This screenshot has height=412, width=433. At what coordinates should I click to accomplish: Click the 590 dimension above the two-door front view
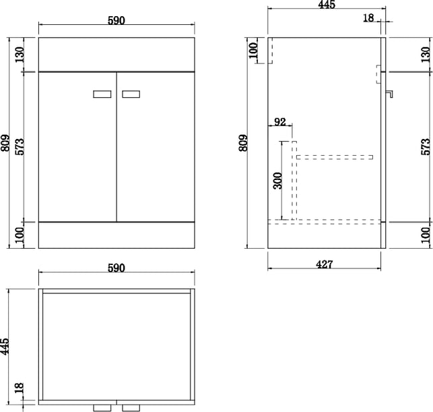[116, 20]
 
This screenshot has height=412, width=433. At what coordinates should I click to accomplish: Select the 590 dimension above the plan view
[116, 268]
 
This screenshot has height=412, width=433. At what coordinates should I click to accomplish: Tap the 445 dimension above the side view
[327, 5]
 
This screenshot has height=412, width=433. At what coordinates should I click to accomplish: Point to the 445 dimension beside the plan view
[5, 346]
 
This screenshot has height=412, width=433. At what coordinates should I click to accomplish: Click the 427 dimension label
[324, 264]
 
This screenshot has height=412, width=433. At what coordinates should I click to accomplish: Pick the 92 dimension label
[280, 121]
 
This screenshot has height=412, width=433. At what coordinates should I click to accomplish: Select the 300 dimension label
[278, 181]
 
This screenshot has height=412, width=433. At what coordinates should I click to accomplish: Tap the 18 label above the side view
[368, 18]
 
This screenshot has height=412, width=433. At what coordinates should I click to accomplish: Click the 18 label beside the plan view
[19, 388]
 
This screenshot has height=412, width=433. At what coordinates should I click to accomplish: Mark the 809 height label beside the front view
[5, 143]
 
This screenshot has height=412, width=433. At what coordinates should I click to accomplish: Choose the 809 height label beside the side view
[243, 143]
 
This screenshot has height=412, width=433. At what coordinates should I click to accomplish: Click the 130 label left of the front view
[20, 55]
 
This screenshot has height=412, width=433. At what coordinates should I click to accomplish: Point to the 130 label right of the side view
[426, 55]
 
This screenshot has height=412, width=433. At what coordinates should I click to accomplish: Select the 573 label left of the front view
[20, 146]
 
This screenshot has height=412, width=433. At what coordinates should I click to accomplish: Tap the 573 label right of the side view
[426, 146]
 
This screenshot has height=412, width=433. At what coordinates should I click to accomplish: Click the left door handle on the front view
[102, 94]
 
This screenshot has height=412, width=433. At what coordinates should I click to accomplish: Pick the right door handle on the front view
[131, 94]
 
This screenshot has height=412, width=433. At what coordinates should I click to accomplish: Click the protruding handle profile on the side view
[389, 94]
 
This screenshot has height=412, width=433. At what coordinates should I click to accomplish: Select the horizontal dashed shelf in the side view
[335, 157]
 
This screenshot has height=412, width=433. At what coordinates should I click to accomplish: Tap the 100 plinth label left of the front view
[20, 235]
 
